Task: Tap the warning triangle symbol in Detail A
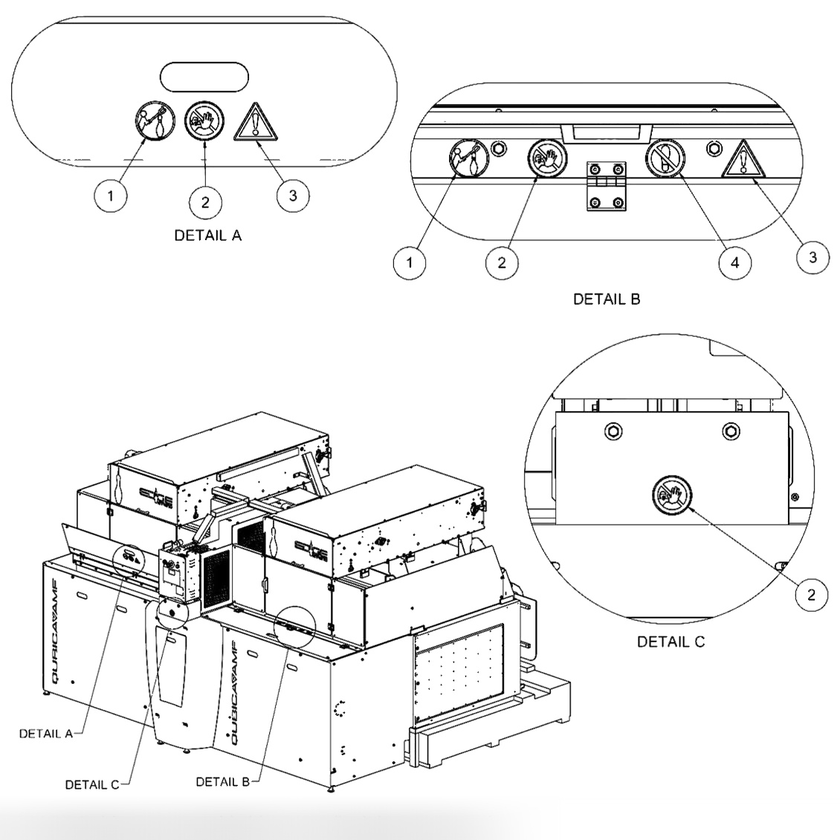pyautogui.click(x=255, y=122)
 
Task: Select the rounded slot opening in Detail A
pyautogui.click(x=204, y=77)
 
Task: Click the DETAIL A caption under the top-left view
pyautogui.click(x=207, y=236)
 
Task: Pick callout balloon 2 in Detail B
pyautogui.click(x=503, y=262)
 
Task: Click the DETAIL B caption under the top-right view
pyautogui.click(x=607, y=300)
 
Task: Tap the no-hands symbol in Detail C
pyautogui.click(x=671, y=494)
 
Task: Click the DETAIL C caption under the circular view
pyautogui.click(x=671, y=642)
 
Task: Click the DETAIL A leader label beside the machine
pyautogui.click(x=45, y=733)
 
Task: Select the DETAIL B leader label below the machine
pyautogui.click(x=222, y=781)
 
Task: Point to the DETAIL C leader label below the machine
pyautogui.click(x=92, y=784)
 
